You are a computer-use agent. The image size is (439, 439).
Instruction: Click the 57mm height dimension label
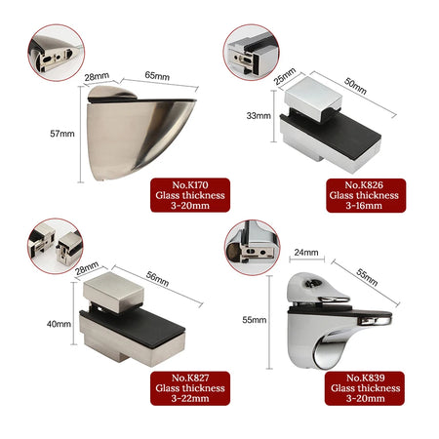[x=62, y=134]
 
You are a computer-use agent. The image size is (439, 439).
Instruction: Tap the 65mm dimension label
[x=157, y=76]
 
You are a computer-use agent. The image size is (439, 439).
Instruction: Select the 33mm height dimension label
[x=259, y=115]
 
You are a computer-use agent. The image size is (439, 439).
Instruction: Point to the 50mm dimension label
[x=355, y=86]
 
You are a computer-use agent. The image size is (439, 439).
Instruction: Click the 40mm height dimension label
[x=59, y=324]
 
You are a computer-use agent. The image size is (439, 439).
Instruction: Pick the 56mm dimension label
[x=157, y=279]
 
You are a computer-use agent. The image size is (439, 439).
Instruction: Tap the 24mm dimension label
[x=306, y=253]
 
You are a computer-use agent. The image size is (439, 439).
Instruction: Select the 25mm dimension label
[x=285, y=76]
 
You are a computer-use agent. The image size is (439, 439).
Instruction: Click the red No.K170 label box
[x=190, y=195]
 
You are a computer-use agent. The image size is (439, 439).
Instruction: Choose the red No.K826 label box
[x=366, y=195]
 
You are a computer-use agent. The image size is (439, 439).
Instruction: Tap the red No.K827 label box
[x=190, y=388]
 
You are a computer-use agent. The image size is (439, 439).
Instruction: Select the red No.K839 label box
[x=365, y=388]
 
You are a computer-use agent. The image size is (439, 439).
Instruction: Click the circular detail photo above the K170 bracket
[x=56, y=53]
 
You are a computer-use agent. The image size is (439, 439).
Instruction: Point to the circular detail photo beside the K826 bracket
[x=251, y=52]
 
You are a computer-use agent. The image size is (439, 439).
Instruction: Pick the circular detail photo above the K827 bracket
[x=56, y=246]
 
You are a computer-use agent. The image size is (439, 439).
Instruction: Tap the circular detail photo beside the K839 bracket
[x=253, y=248]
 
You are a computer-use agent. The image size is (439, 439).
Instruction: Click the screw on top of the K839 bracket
[x=311, y=284]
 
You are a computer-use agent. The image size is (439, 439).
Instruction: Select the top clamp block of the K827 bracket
[x=113, y=292]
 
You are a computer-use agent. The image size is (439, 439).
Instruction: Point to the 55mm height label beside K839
[x=255, y=320]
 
